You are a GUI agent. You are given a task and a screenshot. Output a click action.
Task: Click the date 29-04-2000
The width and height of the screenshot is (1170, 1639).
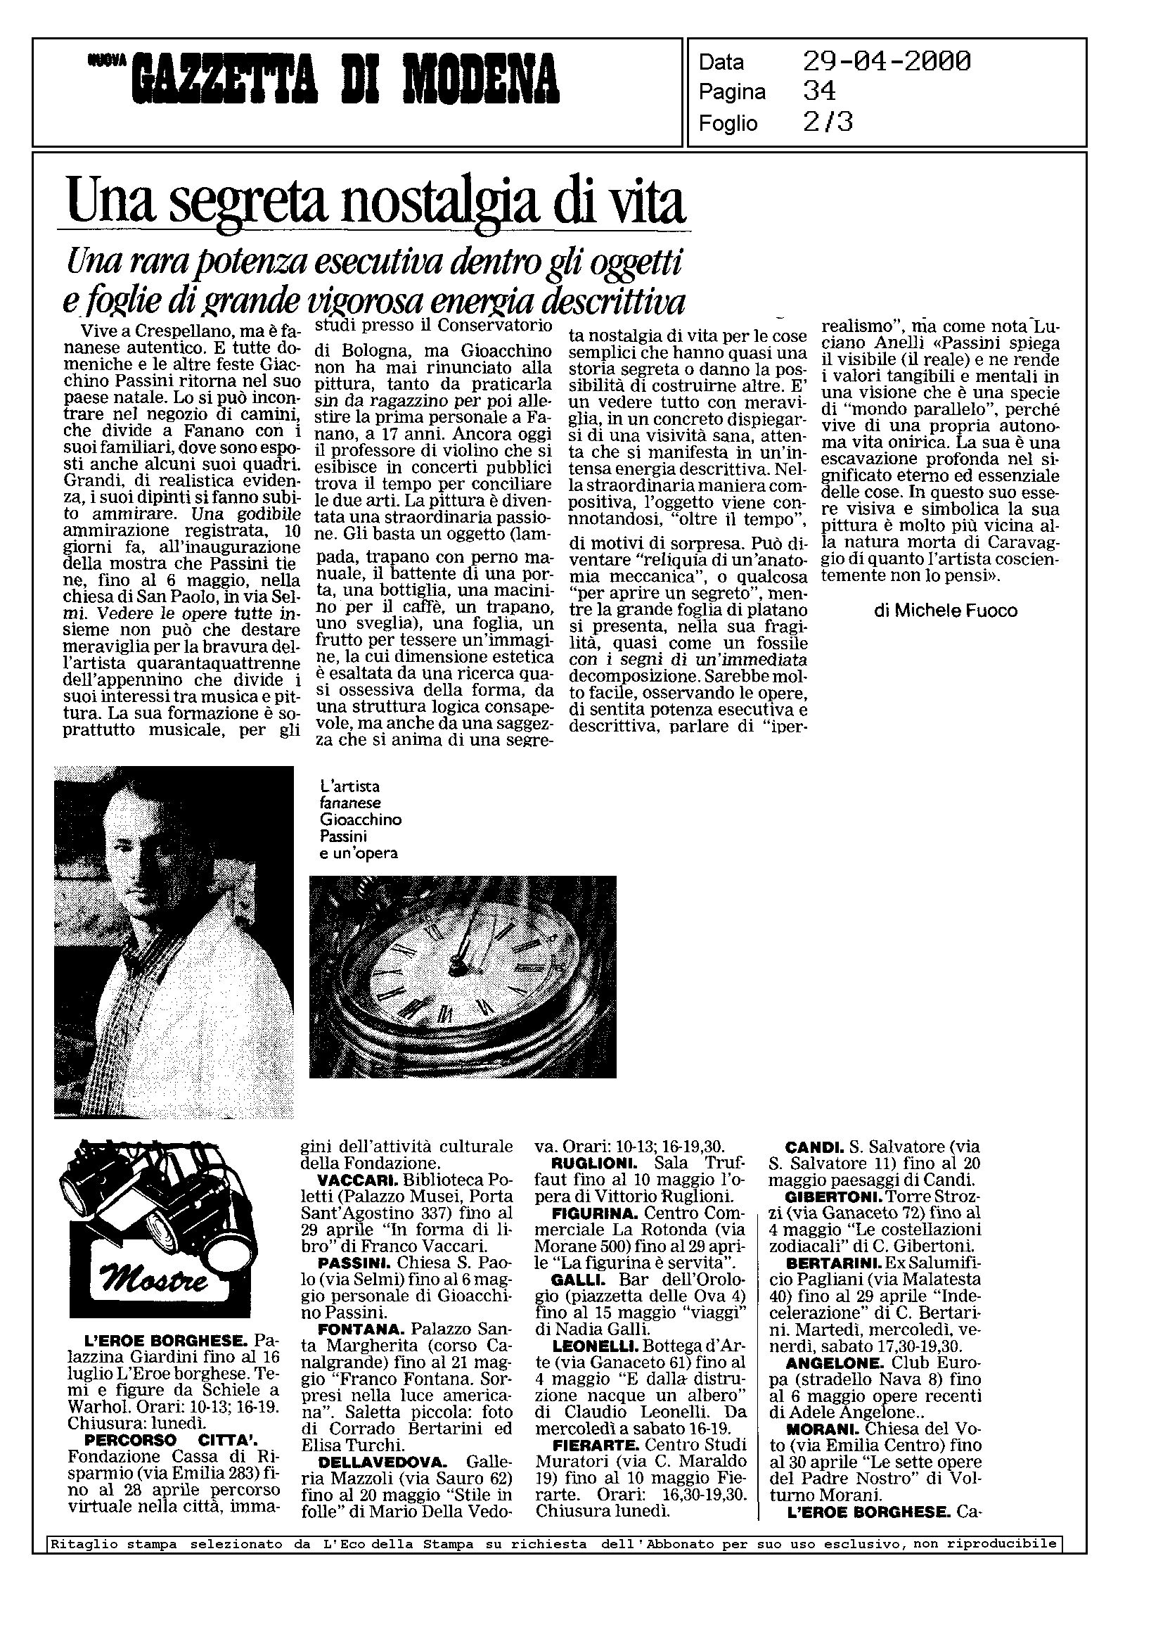886,62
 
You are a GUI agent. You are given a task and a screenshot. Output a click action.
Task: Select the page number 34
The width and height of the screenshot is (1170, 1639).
819,91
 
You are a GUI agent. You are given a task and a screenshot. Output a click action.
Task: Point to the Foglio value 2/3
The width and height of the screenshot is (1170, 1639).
828,122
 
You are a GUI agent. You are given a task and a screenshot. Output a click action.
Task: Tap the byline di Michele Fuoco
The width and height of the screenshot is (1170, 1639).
944,611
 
